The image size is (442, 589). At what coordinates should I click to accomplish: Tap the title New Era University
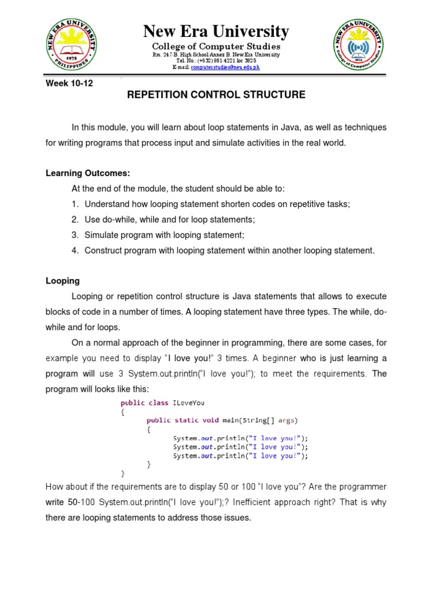(216, 31)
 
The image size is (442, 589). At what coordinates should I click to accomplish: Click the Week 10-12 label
(69, 83)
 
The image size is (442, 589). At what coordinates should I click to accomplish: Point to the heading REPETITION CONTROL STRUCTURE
(216, 95)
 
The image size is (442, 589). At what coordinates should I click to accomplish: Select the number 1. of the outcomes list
(75, 204)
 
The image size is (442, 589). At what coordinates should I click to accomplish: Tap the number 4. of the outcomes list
(75, 250)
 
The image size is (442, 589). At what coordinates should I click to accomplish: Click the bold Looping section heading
(63, 281)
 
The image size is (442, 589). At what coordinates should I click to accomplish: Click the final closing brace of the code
(122, 473)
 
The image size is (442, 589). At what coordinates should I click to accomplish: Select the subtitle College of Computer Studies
(216, 46)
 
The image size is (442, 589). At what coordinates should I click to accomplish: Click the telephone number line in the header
(216, 61)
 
